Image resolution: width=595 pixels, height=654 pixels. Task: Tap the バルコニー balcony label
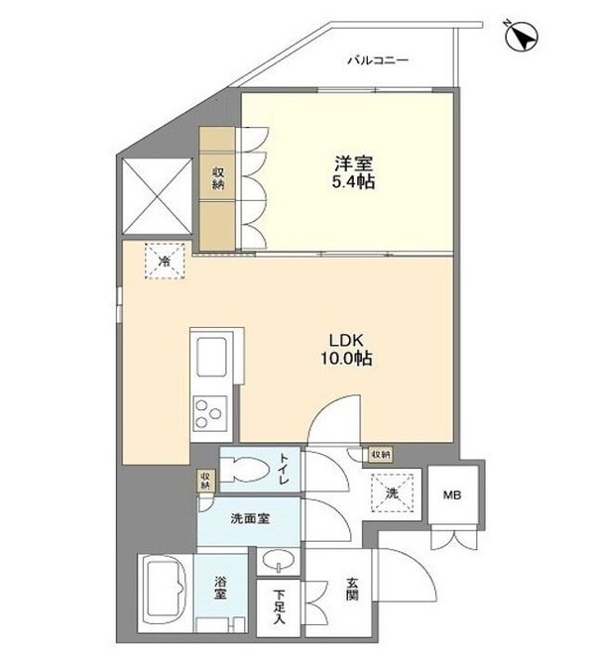377,61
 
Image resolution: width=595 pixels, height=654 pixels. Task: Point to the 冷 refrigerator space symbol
165,262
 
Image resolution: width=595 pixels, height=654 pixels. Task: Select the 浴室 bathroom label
217,593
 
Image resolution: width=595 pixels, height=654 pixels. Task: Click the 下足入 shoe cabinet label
281,606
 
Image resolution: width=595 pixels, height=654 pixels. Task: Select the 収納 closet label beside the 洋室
218,178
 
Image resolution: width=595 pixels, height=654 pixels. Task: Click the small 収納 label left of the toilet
204,481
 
